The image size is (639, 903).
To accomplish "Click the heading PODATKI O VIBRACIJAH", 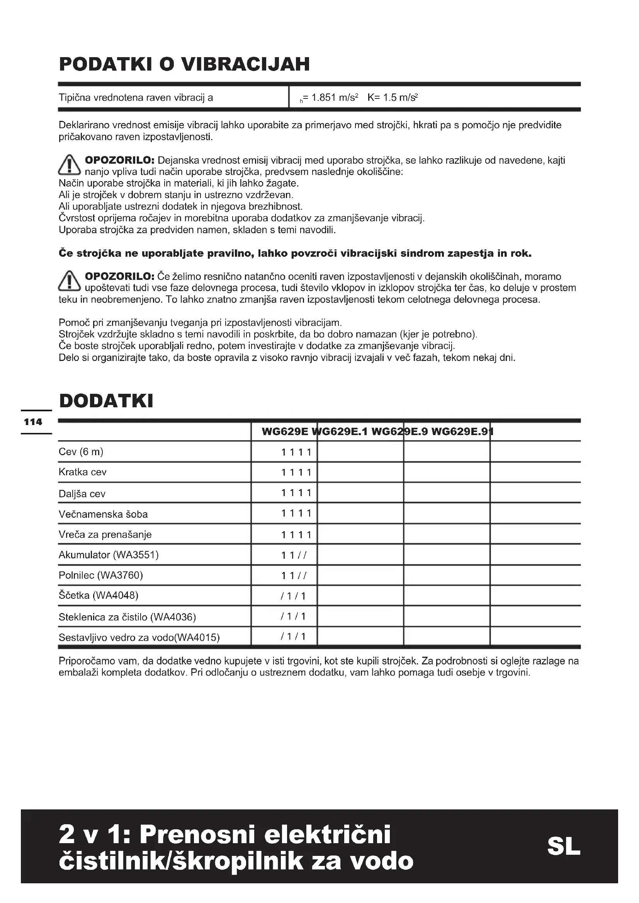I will [184, 64].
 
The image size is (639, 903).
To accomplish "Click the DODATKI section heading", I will [106, 401].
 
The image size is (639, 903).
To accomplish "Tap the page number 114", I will [33, 422].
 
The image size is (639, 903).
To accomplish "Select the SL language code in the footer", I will [563, 846].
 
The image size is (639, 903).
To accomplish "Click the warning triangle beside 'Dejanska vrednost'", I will [69, 166].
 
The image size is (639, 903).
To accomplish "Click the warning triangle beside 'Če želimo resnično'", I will [69, 281].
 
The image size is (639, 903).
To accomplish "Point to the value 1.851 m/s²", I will [334, 98].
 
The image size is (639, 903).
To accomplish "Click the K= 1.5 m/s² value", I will [392, 98].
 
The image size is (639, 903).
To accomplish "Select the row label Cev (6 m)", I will [81, 452].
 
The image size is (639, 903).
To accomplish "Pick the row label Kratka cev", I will [82, 472].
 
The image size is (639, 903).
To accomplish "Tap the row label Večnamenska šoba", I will [103, 514].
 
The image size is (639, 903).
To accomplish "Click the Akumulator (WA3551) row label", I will [109, 555].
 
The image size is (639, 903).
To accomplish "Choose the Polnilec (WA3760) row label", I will [101, 575].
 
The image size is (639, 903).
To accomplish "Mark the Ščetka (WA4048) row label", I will [99, 596].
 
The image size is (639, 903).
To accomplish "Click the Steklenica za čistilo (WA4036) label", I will [127, 617].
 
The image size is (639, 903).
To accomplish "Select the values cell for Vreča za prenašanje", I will [296, 535].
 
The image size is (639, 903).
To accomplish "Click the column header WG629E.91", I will [462, 432].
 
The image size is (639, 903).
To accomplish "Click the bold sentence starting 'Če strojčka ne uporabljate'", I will [295, 254].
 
